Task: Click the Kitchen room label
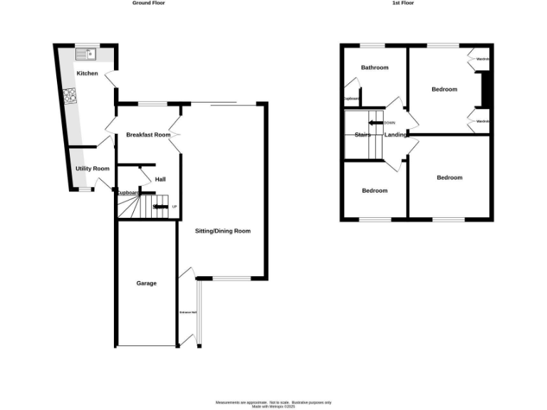point(88,73)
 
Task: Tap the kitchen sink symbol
point(85,53)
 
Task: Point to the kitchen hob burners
point(71,95)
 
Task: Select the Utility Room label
point(93,169)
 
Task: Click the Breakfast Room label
point(148,135)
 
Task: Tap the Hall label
point(160,179)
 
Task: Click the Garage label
point(147,283)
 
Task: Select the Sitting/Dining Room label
point(223,231)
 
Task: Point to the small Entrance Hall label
point(187,312)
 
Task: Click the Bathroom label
point(375,68)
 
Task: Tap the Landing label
point(395,135)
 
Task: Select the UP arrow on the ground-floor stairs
point(162,206)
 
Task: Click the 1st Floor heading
point(403,4)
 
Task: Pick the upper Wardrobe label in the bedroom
point(483,59)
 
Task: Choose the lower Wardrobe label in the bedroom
point(483,121)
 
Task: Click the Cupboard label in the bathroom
point(350,99)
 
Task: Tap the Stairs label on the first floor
point(363,135)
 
